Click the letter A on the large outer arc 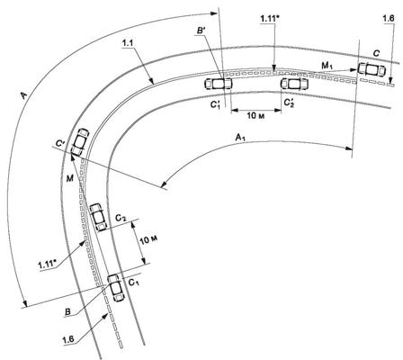pos(23,96)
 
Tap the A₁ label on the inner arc pos(241,138)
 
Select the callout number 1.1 pos(128,43)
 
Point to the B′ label pos(200,31)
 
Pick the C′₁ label pos(215,104)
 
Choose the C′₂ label pos(289,103)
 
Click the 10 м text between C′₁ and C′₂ pos(255,115)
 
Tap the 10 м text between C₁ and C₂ pos(149,239)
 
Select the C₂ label pos(121,218)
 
